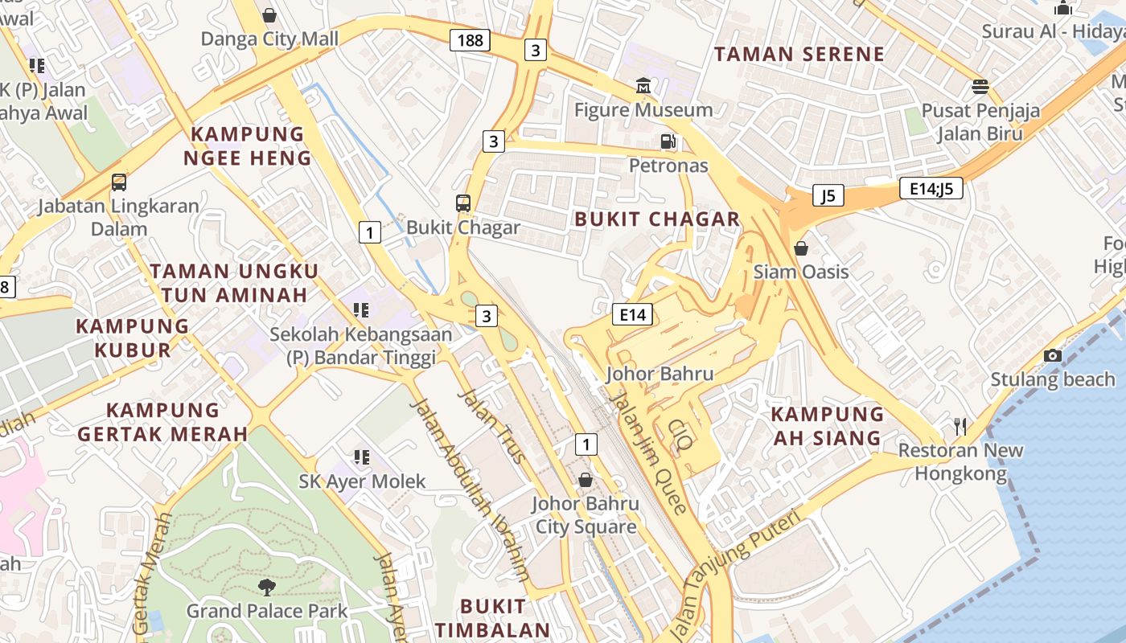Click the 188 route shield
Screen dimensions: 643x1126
470,39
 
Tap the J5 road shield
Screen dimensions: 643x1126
828,195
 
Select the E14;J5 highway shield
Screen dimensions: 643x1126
931,188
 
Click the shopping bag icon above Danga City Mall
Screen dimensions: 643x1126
269,14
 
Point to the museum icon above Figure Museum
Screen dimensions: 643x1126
643,85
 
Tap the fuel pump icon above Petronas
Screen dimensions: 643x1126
668,141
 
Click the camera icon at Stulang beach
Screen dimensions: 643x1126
1052,355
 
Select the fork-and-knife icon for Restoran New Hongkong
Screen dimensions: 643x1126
960,426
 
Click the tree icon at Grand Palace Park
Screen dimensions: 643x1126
267,587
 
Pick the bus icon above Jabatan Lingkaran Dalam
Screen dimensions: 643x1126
119,182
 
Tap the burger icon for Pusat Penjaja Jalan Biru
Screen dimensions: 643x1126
980,86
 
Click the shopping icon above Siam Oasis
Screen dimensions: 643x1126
801,248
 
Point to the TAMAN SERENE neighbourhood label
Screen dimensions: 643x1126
799,55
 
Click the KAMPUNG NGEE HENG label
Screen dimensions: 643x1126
248,146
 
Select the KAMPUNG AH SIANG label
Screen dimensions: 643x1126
828,426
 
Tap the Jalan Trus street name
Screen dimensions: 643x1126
491,426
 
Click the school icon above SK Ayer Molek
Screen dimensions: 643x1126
362,457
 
